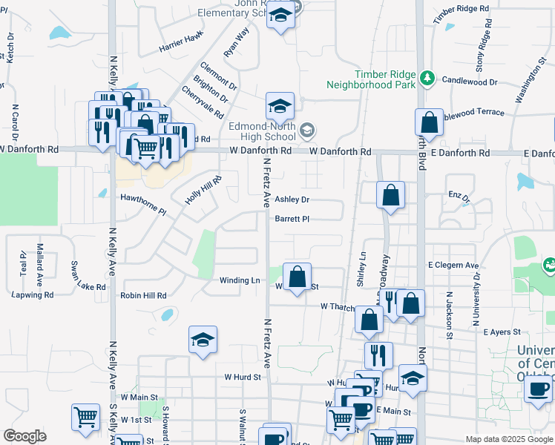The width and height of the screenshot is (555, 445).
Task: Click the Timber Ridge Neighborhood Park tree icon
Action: pos(427,77)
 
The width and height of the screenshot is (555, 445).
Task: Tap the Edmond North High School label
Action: pos(262,131)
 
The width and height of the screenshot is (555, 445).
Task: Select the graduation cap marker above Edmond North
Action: pos(280,107)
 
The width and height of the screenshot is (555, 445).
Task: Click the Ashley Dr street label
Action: pos(292,200)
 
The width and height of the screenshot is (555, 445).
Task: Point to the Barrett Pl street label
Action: pos(291,219)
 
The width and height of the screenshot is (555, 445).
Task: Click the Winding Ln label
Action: pos(240,280)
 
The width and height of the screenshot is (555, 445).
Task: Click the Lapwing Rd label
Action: pos(33,294)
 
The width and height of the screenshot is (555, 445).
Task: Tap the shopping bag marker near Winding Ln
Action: pos(297,277)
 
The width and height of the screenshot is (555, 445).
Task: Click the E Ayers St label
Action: pos(504,332)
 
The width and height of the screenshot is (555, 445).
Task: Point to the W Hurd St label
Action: pos(243,377)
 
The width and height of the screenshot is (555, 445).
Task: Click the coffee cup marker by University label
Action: pos(539,388)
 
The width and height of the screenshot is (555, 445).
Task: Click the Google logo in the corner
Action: pos(24,436)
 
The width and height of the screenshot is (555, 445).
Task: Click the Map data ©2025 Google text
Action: pos(508,439)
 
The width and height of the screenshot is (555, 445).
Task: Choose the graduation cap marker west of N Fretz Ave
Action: pos(203,340)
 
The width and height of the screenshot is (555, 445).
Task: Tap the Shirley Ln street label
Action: pos(363,266)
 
